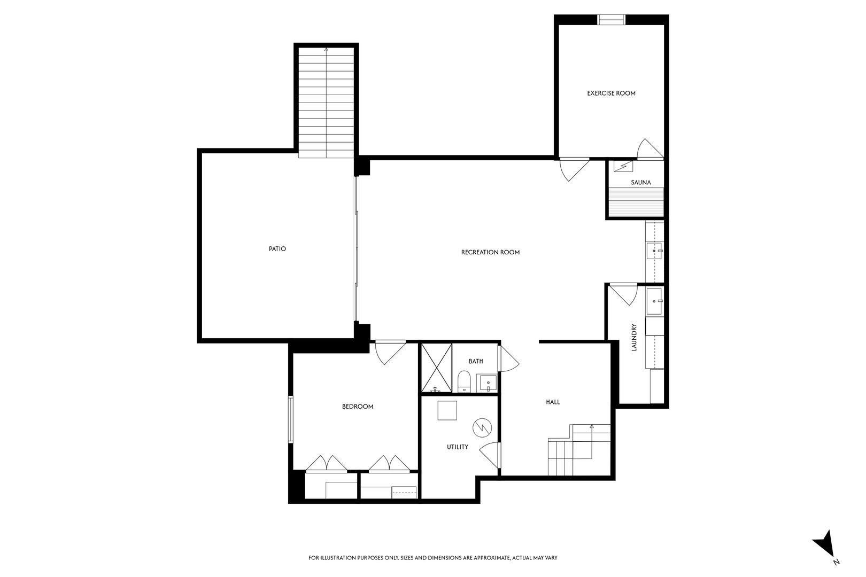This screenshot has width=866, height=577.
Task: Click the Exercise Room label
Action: tap(611, 93)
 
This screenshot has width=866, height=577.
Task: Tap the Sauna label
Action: tap(640, 182)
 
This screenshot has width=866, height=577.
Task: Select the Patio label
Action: tap(277, 248)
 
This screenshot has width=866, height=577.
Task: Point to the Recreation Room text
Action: tap(490, 252)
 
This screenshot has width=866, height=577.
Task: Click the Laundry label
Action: tap(635, 337)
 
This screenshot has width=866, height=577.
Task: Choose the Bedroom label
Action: tap(358, 407)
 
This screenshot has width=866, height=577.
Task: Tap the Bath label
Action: tap(476, 361)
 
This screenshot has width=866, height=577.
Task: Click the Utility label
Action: tap(458, 447)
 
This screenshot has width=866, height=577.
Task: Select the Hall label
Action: tap(553, 402)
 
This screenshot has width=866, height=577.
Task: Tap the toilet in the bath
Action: tap(463, 381)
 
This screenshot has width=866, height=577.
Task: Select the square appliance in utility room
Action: tap(447, 410)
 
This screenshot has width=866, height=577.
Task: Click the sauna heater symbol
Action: tap(623, 166)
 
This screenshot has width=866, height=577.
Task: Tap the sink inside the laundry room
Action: tap(654, 301)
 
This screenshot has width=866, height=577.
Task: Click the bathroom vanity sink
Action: tap(487, 383)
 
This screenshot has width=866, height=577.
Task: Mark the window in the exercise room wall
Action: tap(611, 20)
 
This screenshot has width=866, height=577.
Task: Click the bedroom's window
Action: tap(291, 419)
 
